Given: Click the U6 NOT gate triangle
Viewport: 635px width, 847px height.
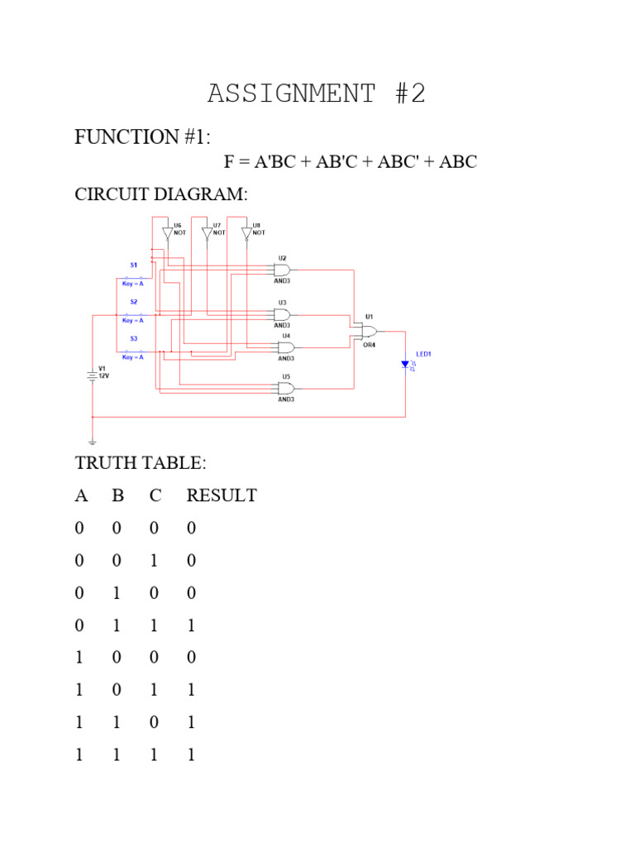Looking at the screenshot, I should (167, 234).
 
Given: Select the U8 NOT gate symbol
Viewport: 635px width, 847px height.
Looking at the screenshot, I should (246, 234).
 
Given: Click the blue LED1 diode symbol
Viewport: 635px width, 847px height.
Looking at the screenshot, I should (405, 364).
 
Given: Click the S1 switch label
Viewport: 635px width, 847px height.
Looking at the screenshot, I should (133, 265).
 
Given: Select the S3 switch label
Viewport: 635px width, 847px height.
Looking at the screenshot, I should (133, 338).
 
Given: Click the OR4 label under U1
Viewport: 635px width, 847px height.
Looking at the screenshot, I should (370, 345).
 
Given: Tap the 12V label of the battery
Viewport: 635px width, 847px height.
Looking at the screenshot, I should (104, 375).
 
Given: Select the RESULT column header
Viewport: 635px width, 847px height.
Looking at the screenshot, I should (222, 495).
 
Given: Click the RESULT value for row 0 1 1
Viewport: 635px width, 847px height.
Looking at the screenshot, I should (192, 625).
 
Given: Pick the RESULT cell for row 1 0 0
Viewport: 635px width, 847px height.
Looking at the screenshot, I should (192, 658).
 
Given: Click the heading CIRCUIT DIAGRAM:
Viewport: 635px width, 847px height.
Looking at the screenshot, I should (161, 194).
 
